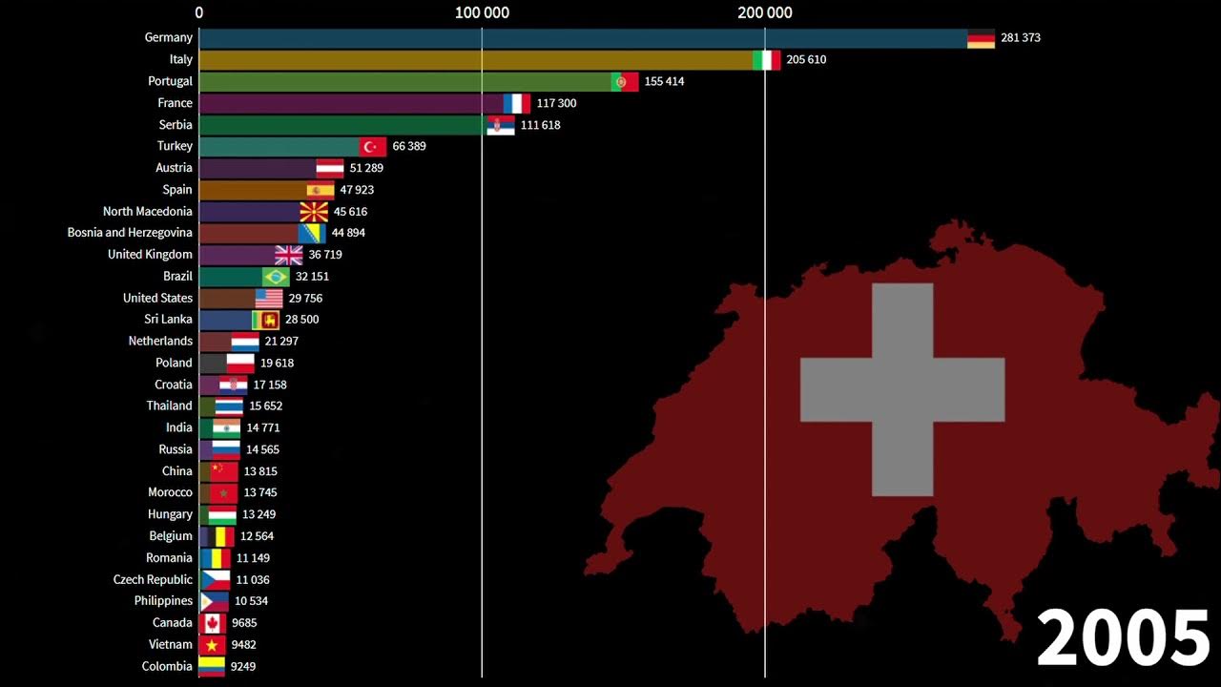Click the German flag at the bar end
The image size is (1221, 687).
981,38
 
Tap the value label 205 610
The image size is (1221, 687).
806,59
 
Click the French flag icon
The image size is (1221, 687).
517,103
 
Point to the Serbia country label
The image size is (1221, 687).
176,125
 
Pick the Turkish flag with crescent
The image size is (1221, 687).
373,146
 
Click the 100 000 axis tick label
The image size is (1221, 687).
482,12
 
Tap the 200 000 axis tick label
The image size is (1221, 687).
765,12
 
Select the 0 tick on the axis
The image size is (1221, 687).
199,12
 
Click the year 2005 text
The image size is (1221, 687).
1122,637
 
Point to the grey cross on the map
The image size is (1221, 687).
901,389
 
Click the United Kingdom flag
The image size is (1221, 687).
288,255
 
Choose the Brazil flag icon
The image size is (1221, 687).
276,277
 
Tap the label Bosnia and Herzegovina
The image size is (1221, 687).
130,233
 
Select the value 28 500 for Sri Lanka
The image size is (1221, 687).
301,320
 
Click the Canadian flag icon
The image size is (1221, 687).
212,623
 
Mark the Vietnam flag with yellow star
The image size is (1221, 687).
212,645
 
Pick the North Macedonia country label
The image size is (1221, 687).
148,212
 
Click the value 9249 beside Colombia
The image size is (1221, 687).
243,667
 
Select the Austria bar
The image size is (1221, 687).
258,168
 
